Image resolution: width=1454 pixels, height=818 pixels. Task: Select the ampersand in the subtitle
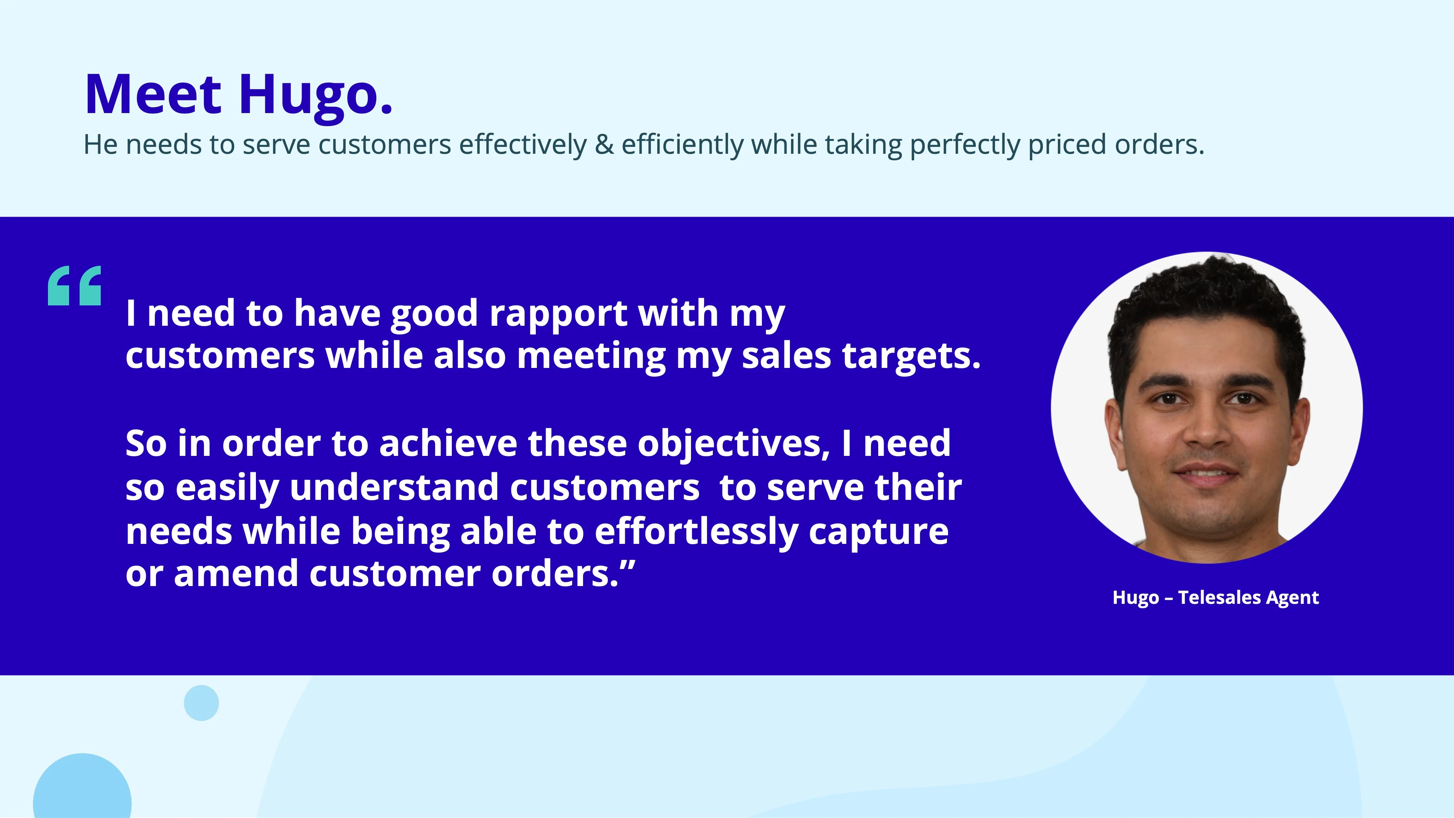[x=604, y=145]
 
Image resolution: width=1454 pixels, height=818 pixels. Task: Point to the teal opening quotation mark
[x=75, y=286]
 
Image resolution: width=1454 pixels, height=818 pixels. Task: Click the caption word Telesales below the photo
[x=1219, y=597]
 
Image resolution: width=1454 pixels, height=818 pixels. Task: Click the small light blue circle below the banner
[x=201, y=703]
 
